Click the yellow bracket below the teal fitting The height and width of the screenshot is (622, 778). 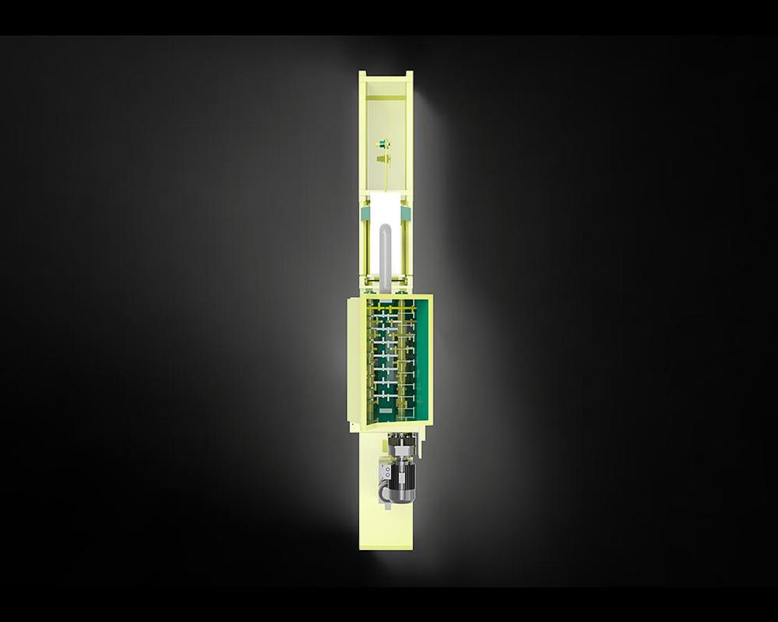[x=381, y=159]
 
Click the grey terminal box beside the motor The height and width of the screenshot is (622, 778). [x=385, y=473]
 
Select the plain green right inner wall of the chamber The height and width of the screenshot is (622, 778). [x=423, y=359]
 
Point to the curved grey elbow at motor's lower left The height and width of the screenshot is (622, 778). [x=381, y=492]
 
